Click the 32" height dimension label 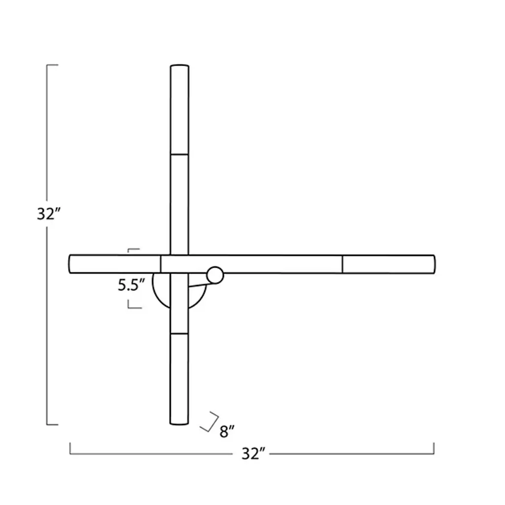[x=49, y=214]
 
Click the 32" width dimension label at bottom [x=253, y=454]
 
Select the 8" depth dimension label [x=227, y=432]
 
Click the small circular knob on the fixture [x=215, y=275]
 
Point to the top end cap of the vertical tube [x=180, y=66]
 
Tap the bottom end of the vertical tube [x=179, y=423]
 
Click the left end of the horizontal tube [x=70, y=264]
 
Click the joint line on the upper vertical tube [x=180, y=154]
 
